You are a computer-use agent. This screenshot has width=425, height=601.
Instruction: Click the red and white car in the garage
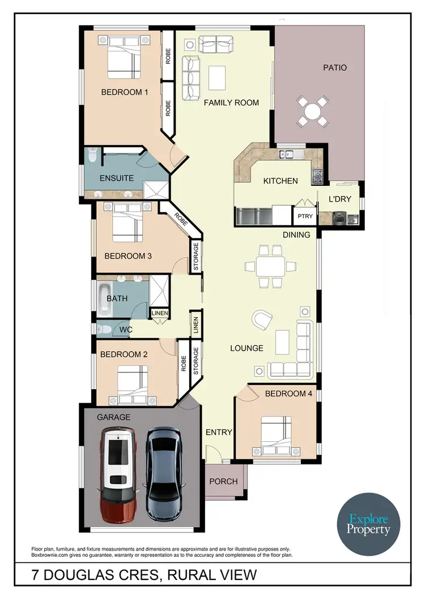pos(118,475)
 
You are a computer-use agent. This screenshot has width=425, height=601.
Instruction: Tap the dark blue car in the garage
pos(163,474)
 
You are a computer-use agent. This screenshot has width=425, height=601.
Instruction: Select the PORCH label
pos(224,481)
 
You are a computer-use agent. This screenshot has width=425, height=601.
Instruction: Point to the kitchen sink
pos(290,153)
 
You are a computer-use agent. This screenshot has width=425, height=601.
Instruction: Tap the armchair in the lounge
pos(262,320)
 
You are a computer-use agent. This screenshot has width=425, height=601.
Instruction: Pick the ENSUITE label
pos(116,178)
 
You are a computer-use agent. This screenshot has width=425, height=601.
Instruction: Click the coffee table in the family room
pos(216,78)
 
